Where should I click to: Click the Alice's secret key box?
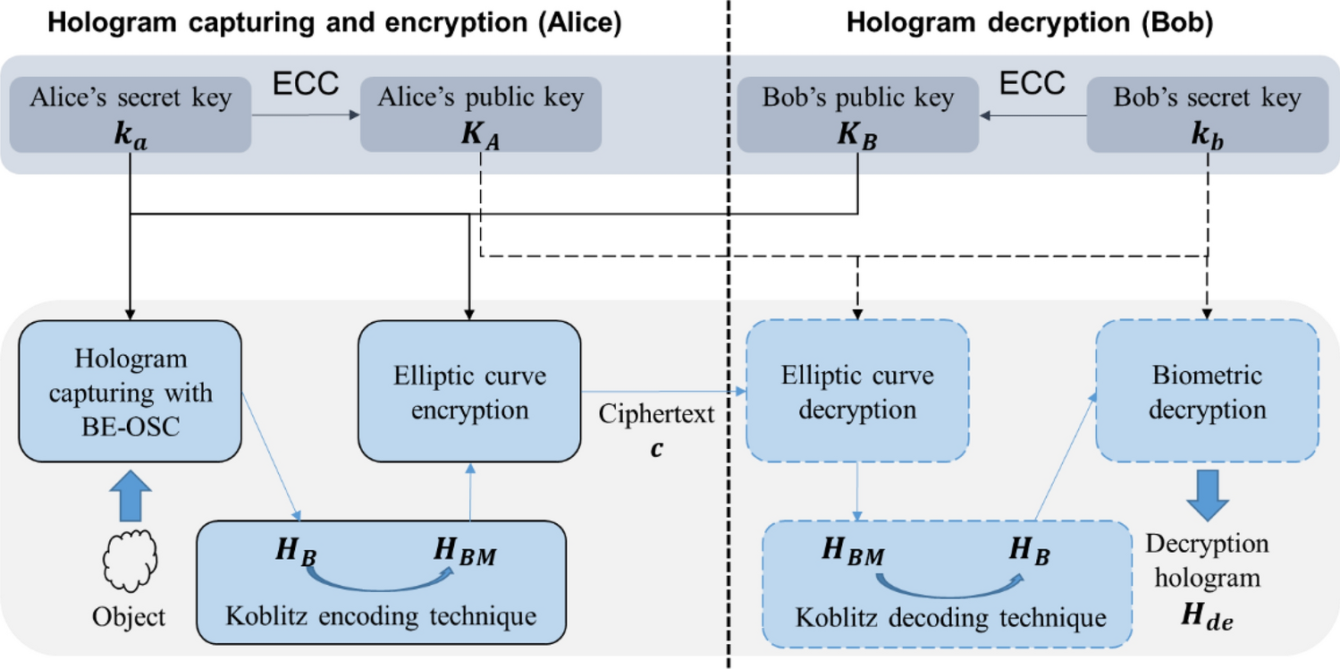click(131, 113)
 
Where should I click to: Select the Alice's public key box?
click(481, 113)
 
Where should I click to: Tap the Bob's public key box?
click(857, 113)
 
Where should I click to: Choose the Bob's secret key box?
click(1207, 113)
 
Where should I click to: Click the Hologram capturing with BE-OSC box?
click(131, 392)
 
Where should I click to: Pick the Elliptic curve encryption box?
click(469, 392)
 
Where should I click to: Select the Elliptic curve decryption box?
click(857, 392)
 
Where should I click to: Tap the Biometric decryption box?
click(1207, 392)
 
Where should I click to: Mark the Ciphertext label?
click(657, 415)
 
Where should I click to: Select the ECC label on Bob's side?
click(1032, 85)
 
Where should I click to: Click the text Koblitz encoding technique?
click(381, 616)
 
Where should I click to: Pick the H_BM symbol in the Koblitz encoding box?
click(466, 555)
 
